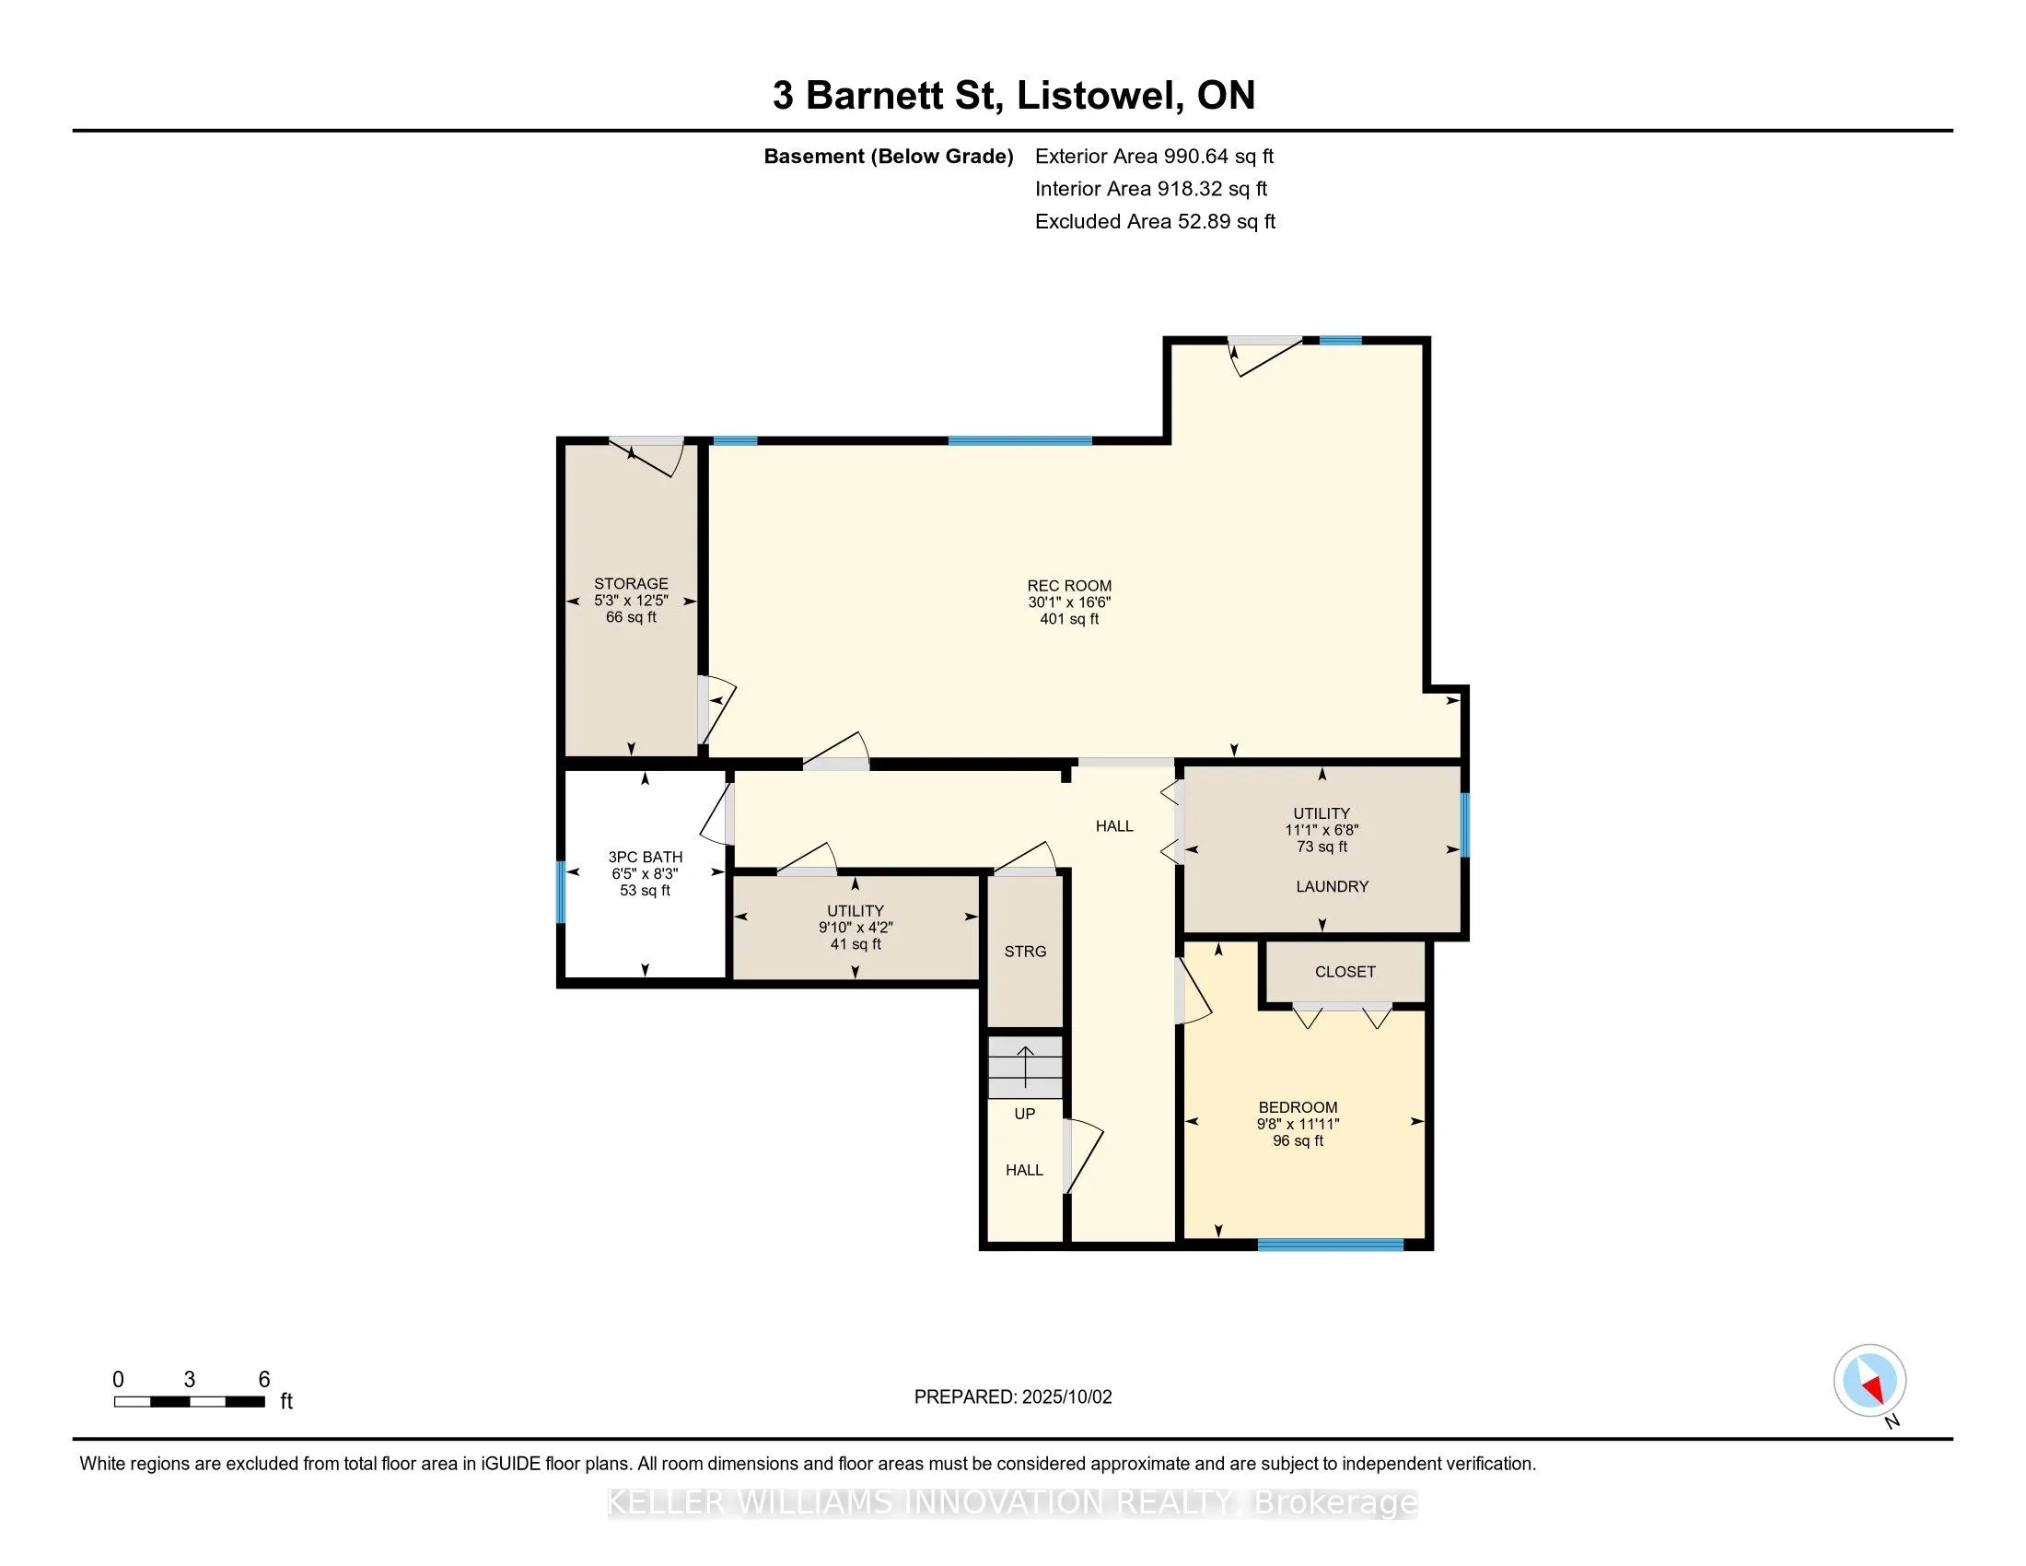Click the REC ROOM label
(x=1068, y=585)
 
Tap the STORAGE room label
(x=631, y=583)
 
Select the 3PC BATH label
(x=645, y=858)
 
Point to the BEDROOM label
(x=1298, y=1106)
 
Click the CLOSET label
(x=1345, y=971)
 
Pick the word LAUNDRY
(x=1333, y=886)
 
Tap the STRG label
(x=1025, y=951)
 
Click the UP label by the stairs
(x=1024, y=1114)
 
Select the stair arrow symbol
(x=1025, y=1066)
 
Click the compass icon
(x=1869, y=1381)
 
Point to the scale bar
(x=189, y=1402)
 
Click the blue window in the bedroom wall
(x=1331, y=1245)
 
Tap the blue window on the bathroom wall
(x=560, y=892)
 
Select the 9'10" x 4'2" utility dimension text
(x=856, y=927)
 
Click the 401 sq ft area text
(x=1068, y=619)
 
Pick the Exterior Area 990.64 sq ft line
(x=1154, y=156)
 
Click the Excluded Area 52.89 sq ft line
(x=1155, y=221)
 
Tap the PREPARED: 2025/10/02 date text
(x=1013, y=1397)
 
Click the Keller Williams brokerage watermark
(x=1013, y=1502)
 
